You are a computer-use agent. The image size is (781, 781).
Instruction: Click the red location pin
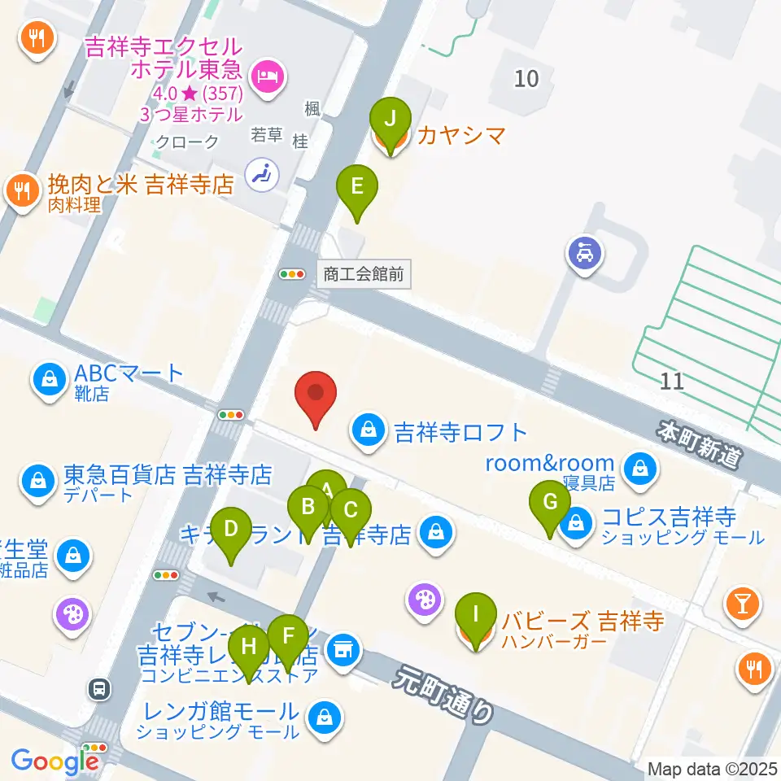316,397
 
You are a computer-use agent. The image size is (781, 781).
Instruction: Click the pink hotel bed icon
266,76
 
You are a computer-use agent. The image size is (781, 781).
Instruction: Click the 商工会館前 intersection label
363,275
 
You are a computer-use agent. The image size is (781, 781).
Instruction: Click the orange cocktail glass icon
744,603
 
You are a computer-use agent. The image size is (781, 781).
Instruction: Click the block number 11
672,381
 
